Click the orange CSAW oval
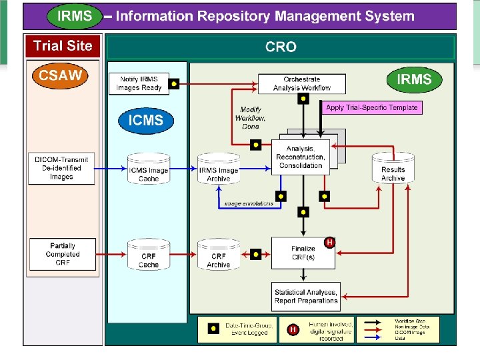61,75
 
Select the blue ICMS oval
145,121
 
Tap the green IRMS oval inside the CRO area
414,80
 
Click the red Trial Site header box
63,46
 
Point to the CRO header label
281,47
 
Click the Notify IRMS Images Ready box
139,83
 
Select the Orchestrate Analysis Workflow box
302,83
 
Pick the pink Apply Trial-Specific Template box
372,107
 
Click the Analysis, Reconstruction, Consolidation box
301,157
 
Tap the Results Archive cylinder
393,169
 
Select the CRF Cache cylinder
149,255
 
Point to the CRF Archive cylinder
219,255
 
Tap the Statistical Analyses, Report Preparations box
306,296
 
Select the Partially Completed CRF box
63,254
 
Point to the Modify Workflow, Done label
250,118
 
